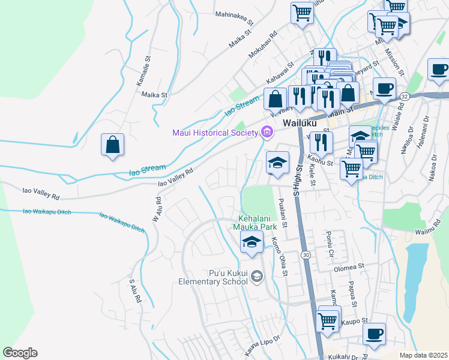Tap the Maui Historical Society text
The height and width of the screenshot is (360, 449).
coord(214,133)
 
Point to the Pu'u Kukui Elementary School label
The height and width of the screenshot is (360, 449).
coord(213,277)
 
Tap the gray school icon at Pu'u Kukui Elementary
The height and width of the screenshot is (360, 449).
coord(257,276)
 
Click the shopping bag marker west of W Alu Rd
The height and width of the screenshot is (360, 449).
coord(112,145)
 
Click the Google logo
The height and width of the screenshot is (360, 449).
coord(20,353)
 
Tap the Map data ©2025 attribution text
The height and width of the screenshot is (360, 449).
coord(423,355)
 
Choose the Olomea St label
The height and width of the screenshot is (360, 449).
coord(349,266)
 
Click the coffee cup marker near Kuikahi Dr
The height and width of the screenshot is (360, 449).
coord(375,334)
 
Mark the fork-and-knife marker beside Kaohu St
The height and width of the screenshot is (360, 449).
coord(321,142)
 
